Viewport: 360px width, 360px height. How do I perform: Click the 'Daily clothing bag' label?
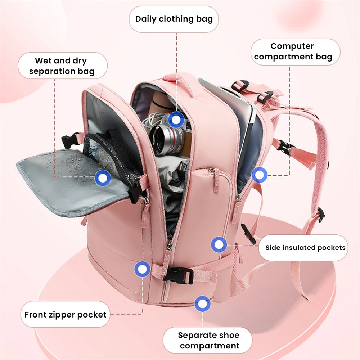click(174, 19)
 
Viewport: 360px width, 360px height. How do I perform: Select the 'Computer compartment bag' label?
click(293, 51)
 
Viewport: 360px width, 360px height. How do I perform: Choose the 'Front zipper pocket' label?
click(65, 315)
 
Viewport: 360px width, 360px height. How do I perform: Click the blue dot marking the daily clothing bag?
click(176, 120)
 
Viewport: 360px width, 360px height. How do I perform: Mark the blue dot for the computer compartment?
click(259, 175)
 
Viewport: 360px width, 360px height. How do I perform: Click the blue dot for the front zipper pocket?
click(142, 269)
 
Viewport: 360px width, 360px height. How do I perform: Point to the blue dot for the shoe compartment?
click(203, 304)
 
